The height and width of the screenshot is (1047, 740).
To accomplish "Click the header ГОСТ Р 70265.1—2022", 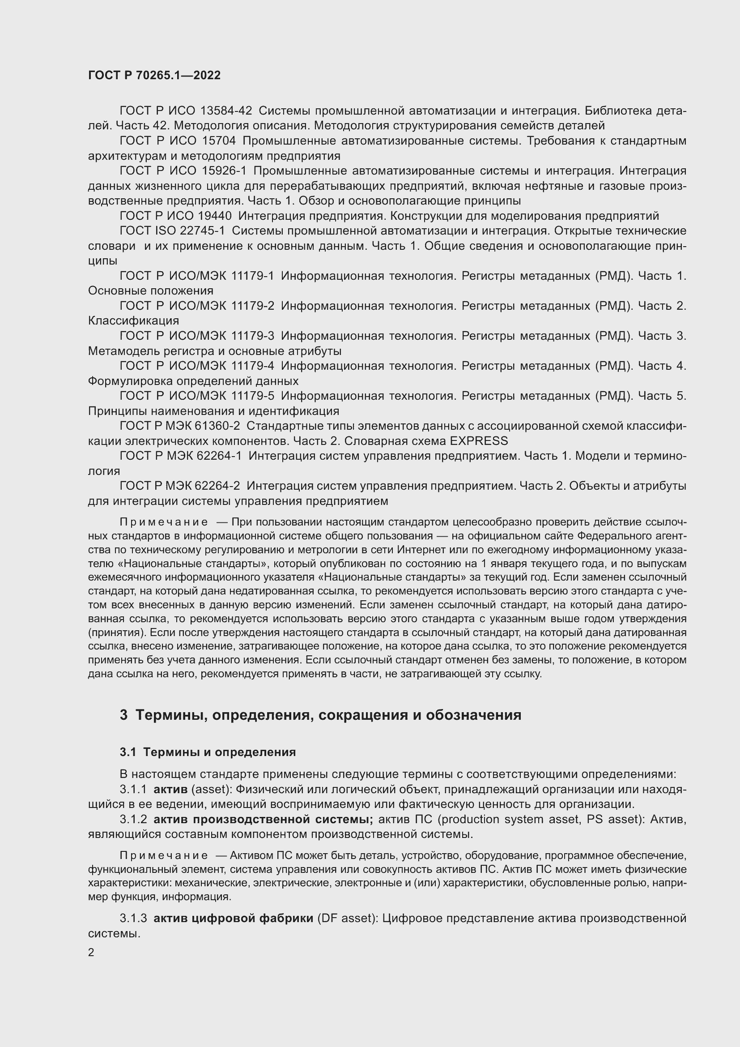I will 154,75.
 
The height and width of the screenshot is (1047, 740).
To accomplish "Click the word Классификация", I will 133,321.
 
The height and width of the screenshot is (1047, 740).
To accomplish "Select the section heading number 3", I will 123,715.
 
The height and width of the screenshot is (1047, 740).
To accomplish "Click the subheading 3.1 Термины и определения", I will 208,752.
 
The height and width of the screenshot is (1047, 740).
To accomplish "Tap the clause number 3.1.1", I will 133,789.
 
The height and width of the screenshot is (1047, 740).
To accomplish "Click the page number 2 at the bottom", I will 91,953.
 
